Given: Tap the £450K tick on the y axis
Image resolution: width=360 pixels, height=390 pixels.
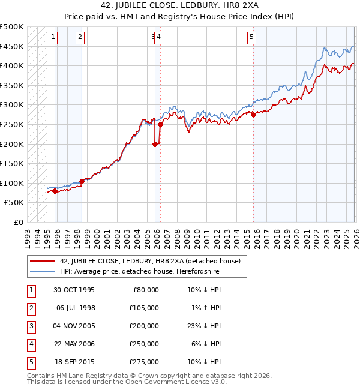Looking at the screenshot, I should click(12, 46).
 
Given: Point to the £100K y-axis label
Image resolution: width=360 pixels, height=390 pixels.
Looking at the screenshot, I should click(12, 183).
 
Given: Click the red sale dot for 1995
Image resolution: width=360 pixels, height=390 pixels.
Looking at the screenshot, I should click(55, 191).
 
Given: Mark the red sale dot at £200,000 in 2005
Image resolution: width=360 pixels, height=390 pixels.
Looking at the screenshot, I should click(155, 144).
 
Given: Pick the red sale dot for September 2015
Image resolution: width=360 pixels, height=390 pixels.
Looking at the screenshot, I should click(253, 115).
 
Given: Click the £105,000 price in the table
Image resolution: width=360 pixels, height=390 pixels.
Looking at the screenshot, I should click(143, 308).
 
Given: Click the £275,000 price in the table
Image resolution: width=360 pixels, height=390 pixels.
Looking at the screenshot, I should click(143, 362).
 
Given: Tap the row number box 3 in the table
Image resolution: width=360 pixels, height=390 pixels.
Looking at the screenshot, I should click(30, 326).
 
